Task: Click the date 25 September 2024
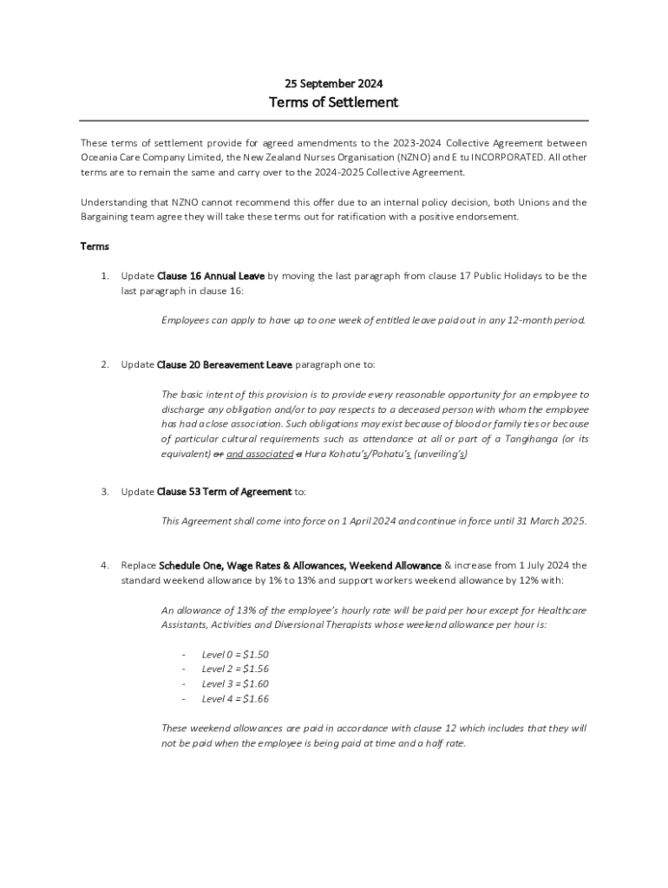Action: [x=334, y=84]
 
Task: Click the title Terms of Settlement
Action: [x=334, y=102]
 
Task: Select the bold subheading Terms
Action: [x=95, y=246]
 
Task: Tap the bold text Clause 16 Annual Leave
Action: [x=211, y=276]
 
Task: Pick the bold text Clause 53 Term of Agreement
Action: [x=224, y=492]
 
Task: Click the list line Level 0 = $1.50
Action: [x=229, y=655]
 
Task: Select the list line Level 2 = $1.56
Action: [x=229, y=669]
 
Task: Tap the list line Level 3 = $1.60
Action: [x=229, y=684]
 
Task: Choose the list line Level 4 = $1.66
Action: [x=229, y=699]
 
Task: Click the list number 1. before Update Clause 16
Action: [x=104, y=276]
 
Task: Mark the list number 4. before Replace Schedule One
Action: [x=104, y=565]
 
